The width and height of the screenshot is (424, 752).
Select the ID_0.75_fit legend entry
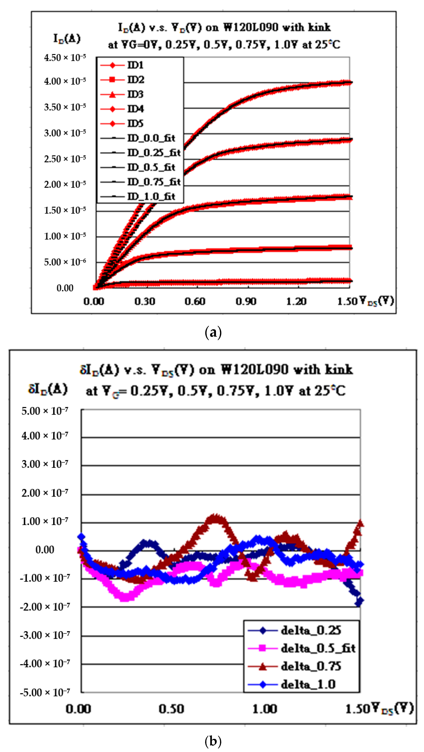[x=154, y=182]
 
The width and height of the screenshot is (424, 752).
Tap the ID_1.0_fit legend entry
[x=151, y=196]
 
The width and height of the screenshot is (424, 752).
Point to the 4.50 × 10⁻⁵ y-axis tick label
[x=65, y=57]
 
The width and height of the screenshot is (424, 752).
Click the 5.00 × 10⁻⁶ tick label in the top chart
[x=65, y=262]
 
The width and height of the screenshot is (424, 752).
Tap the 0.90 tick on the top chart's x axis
[x=246, y=301]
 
